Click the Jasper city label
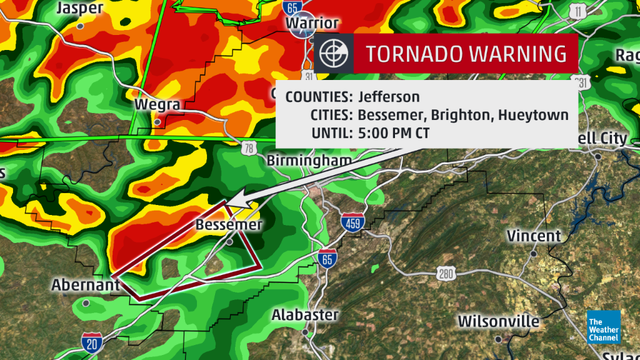[x=79, y=8]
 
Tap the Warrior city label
[x=312, y=23]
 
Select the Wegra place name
[x=157, y=104]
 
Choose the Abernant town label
[x=86, y=285]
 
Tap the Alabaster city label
[x=305, y=315]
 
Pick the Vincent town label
[x=534, y=236]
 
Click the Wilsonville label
[x=499, y=321]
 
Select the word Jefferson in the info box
[x=389, y=97]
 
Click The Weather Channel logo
[x=603, y=327]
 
